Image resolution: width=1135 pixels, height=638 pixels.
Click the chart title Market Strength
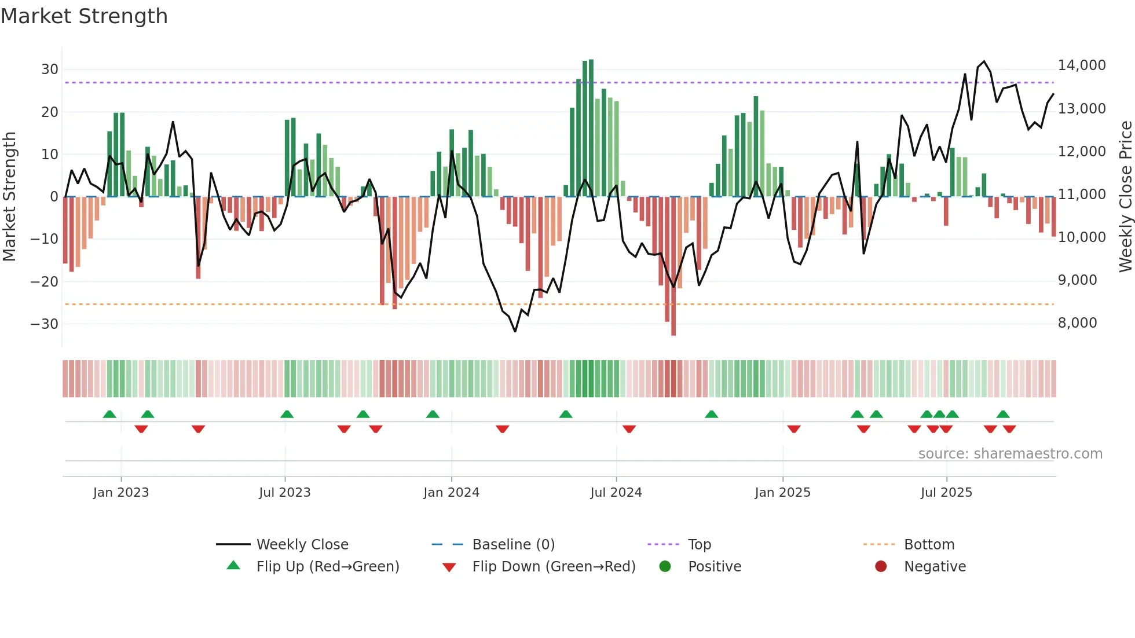(x=84, y=16)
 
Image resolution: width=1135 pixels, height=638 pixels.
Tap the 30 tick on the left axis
(x=49, y=69)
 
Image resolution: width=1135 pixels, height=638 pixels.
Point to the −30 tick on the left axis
(x=45, y=324)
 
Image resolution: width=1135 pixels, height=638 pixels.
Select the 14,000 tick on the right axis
(x=1082, y=65)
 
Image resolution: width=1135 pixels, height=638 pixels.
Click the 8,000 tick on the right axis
(x=1077, y=323)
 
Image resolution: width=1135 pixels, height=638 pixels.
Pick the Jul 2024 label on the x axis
(x=616, y=493)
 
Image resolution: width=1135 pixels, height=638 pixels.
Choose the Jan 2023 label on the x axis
(x=121, y=493)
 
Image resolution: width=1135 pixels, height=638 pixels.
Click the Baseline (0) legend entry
(x=513, y=545)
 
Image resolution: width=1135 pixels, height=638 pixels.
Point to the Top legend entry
(x=699, y=545)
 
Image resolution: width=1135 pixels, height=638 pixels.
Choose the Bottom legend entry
(x=929, y=545)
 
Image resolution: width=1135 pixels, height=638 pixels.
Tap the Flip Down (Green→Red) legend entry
(x=554, y=567)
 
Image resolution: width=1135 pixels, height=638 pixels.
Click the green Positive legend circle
(x=665, y=567)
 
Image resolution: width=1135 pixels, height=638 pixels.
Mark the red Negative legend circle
(x=881, y=567)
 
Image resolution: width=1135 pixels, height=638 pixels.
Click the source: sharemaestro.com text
(x=1010, y=454)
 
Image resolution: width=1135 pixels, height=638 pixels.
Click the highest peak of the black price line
(x=984, y=61)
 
